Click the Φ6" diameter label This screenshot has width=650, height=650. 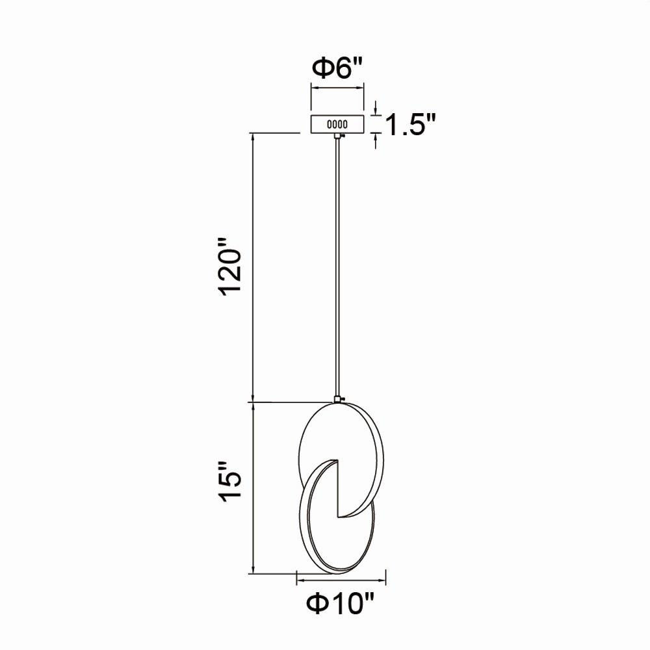tap(337, 68)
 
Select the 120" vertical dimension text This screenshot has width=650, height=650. tap(231, 266)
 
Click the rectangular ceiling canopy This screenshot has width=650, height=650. tap(337, 123)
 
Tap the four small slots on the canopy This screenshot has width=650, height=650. tap(337, 124)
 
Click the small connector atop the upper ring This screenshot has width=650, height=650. tap(338, 400)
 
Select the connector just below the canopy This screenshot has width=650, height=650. tap(338, 136)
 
